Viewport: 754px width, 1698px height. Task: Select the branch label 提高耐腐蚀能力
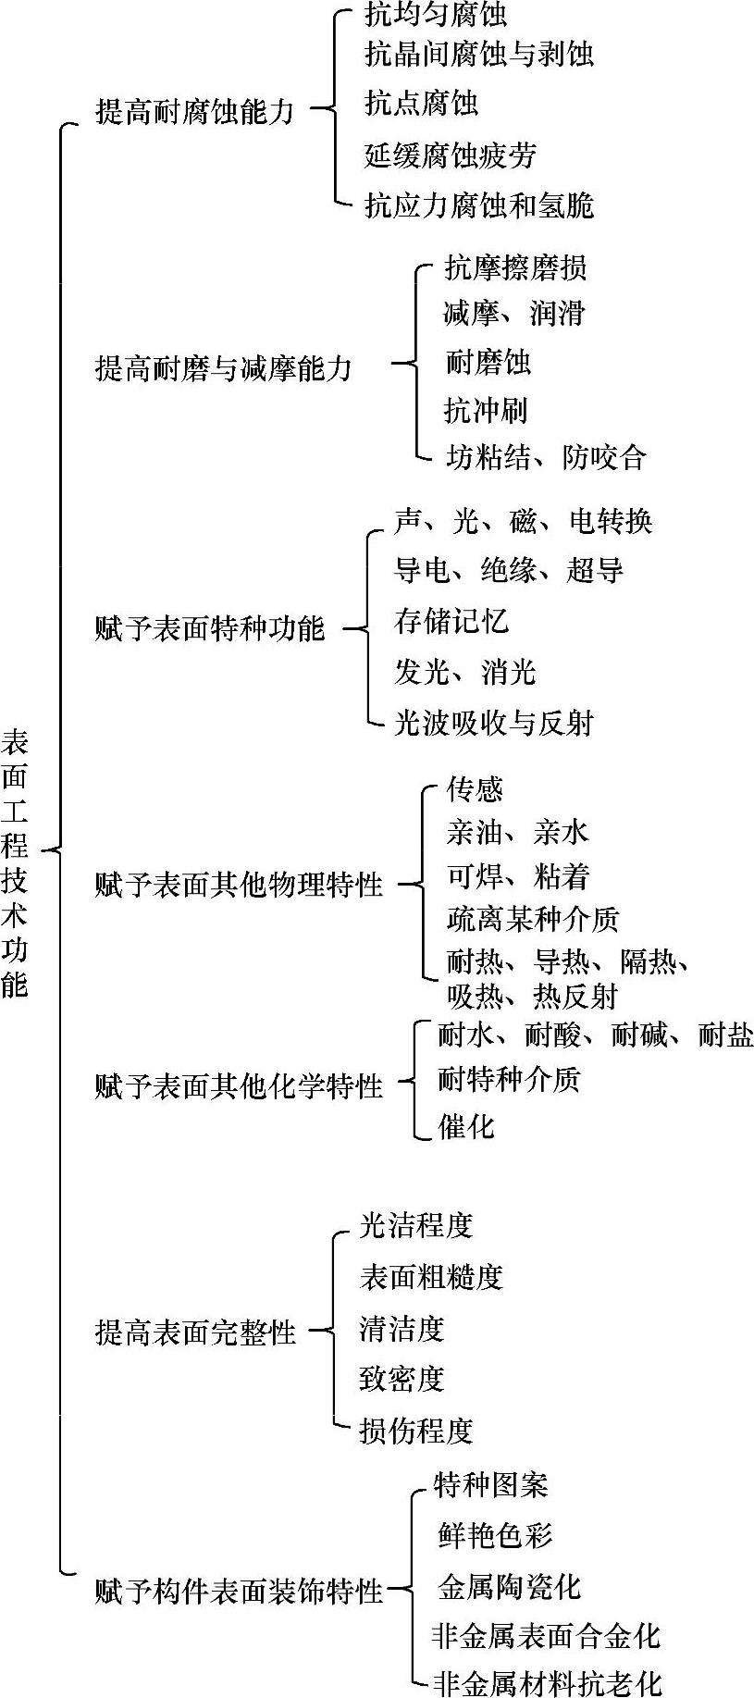point(194,111)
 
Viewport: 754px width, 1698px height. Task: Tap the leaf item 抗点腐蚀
point(421,103)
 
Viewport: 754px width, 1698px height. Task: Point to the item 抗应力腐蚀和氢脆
point(478,205)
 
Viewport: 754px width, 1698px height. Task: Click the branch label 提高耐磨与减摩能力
point(224,367)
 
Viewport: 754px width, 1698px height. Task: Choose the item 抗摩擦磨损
point(515,267)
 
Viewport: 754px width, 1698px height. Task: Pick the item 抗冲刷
point(486,409)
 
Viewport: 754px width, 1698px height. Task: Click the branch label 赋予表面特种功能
point(210,628)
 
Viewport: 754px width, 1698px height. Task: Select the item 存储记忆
point(451,620)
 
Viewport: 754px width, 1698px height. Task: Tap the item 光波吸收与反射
point(493,723)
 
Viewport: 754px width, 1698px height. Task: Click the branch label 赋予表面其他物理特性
point(239,885)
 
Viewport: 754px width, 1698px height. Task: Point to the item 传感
point(475,788)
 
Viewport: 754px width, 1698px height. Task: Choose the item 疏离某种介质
point(532,919)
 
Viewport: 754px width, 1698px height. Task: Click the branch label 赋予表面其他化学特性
point(239,1085)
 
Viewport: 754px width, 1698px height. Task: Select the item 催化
point(466,1126)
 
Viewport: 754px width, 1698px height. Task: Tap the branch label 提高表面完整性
point(195,1332)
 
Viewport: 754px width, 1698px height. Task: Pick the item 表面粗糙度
point(431,1277)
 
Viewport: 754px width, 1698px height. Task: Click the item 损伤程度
point(416,1431)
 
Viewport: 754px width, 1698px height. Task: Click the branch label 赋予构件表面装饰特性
point(239,1591)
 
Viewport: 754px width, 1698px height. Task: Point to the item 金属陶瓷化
point(509,1587)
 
